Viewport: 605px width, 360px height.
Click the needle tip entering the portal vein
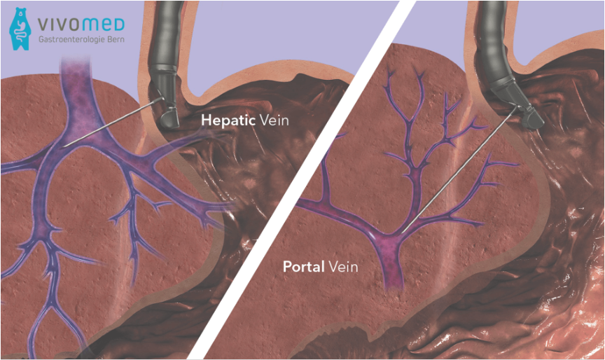(x=404, y=231)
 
